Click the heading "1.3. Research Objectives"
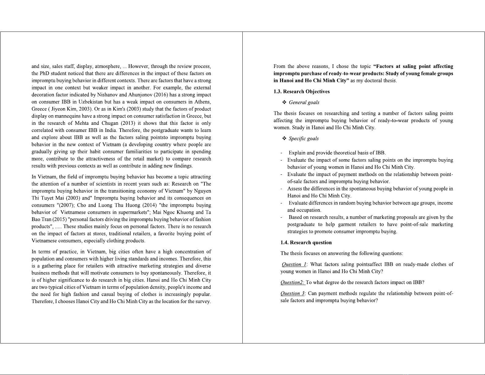(x=301, y=92)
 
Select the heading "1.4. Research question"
(x=306, y=242)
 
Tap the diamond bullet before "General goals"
(x=284, y=102)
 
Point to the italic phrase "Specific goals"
(x=304, y=138)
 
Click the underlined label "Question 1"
(x=294, y=264)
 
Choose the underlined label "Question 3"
(x=293, y=293)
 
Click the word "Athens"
(x=202, y=102)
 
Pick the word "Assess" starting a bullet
(x=295, y=189)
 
